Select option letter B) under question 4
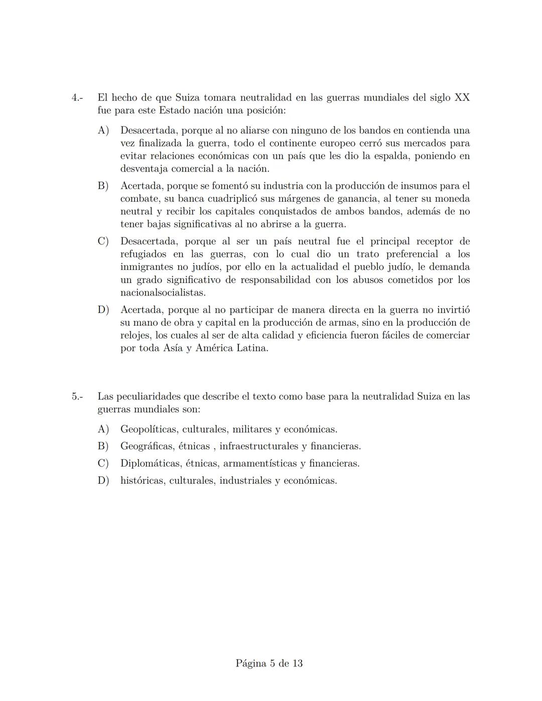pos(103,186)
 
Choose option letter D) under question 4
pos(103,310)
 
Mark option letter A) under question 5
pos(103,430)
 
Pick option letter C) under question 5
pos(103,463)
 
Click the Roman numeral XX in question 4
pos(462,97)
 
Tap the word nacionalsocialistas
pos(163,293)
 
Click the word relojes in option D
pos(135,335)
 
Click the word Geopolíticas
pos(149,430)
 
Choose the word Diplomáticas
pos(149,463)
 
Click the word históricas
pos(142,481)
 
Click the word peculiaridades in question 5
pos(148,396)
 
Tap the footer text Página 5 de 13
pos(269,663)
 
